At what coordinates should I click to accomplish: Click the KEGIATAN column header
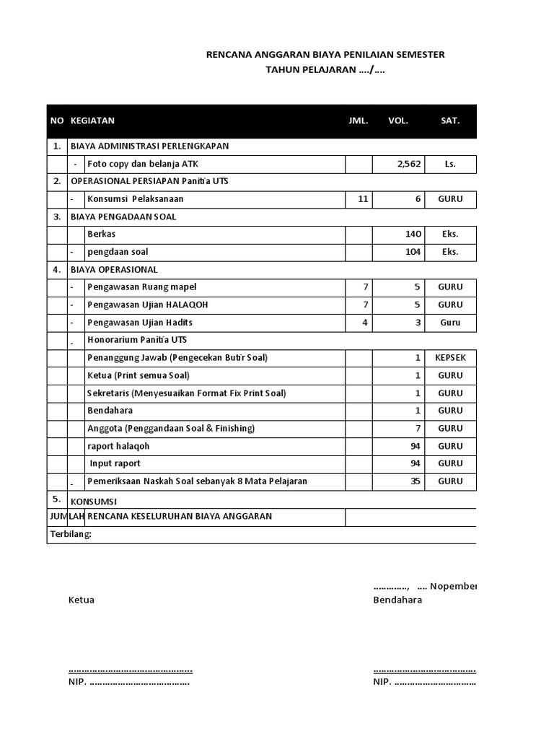pos(92,121)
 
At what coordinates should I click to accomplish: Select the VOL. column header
pos(398,121)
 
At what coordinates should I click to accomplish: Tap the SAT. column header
pos(450,121)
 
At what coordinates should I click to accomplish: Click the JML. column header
pos(359,121)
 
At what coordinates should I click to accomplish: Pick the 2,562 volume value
pos(409,165)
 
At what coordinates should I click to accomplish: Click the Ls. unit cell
pos(450,165)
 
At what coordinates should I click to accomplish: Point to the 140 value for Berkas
pos(412,235)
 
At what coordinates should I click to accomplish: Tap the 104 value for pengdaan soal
pos(412,252)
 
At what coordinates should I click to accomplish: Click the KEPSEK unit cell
pos(450,358)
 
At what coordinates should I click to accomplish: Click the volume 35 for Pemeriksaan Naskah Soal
pos(415,481)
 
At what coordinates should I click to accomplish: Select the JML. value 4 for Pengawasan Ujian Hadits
pos(365,323)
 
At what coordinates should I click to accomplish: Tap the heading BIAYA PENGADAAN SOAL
pos(123,217)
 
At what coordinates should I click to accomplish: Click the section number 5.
pos(57,499)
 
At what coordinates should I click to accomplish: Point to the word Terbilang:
pos(71,535)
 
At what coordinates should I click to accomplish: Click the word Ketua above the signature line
pos(82,600)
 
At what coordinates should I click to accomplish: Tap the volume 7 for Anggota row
pos(418,429)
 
